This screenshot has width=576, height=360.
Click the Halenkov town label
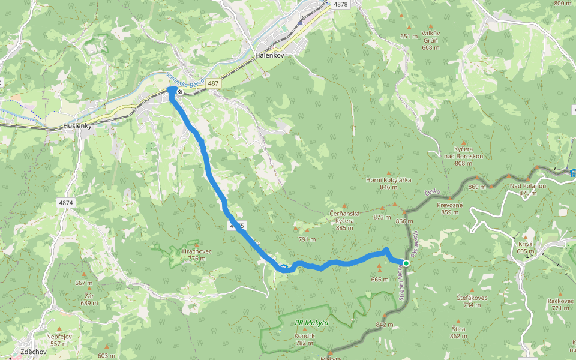tap(269, 55)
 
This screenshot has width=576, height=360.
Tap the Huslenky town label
tap(77, 127)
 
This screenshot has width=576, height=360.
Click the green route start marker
tap(406, 263)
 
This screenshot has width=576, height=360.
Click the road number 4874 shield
tap(66, 203)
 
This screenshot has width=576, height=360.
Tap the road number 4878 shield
tap(340, 4)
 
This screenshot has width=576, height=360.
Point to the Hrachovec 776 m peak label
tap(194, 254)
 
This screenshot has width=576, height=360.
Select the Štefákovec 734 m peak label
tap(472, 301)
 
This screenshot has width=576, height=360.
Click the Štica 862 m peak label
tap(458, 332)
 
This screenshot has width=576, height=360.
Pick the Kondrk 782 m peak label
tap(305, 339)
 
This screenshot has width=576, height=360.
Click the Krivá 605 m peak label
tap(526, 247)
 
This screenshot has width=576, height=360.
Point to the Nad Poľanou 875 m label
tap(528, 189)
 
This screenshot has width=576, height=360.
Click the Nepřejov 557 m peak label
tap(59, 340)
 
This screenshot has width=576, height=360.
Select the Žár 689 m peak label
tap(89, 299)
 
